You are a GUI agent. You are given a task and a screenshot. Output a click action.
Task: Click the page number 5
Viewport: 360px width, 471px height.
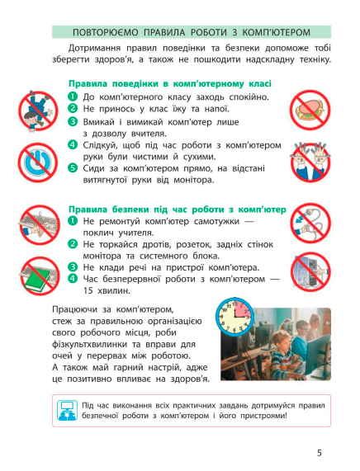(319, 452)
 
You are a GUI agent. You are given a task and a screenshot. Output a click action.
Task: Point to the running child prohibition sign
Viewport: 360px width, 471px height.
(35, 108)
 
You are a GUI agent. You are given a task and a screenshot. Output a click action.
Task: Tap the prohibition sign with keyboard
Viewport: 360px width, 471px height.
(34, 223)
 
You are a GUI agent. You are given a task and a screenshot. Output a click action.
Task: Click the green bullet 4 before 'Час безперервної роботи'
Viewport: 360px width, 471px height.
(73, 279)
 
